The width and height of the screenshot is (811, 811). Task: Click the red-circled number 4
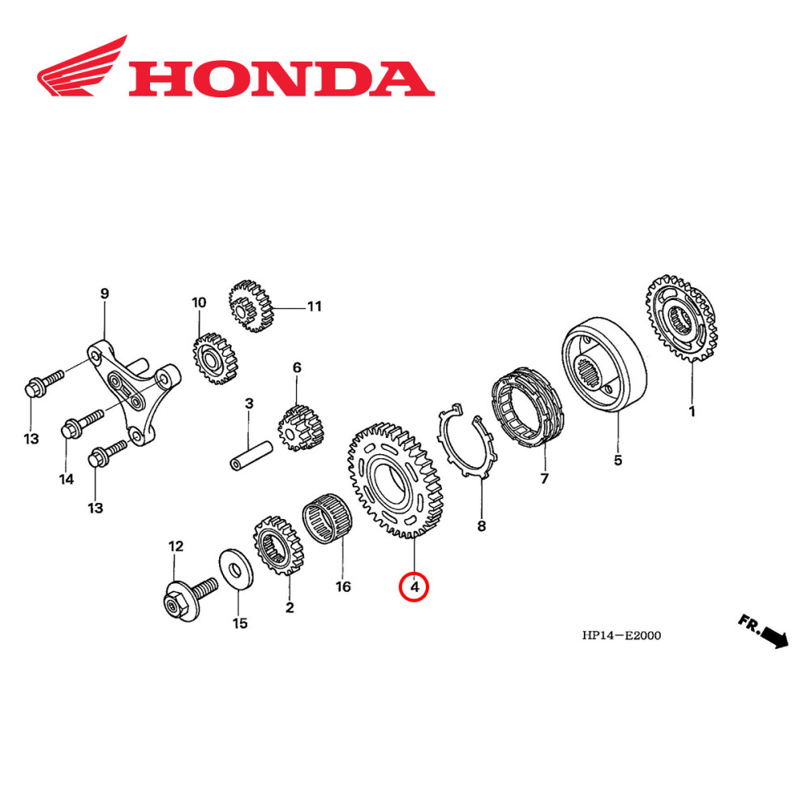414,586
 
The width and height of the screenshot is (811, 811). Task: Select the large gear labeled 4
397,478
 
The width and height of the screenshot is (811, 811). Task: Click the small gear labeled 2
278,547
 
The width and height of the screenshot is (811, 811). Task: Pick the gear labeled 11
250,306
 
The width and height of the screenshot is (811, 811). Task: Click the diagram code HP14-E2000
621,635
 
